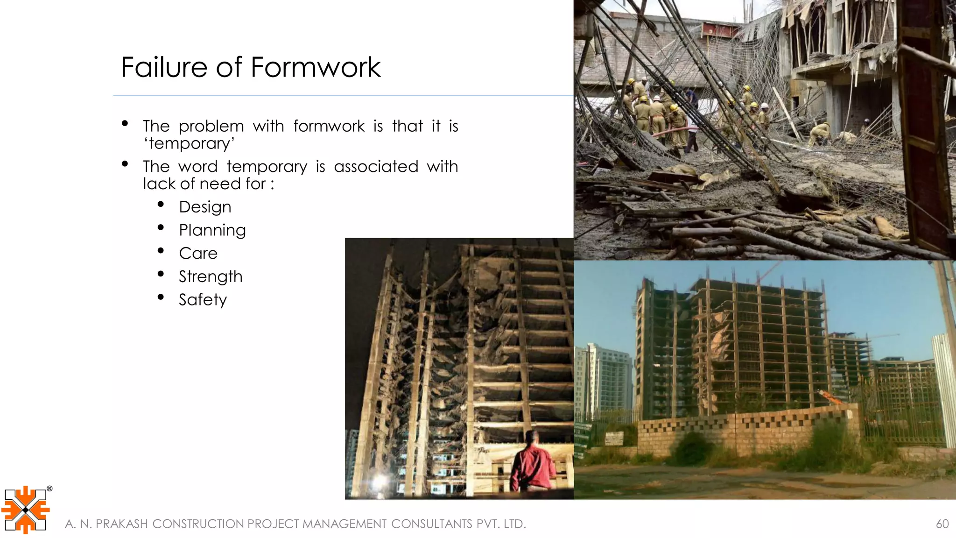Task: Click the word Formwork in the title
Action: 316,67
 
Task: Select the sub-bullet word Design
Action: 205,207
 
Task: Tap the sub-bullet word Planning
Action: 212,230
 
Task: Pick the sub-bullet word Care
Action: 198,253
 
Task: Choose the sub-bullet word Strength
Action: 211,276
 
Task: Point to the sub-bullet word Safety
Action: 203,300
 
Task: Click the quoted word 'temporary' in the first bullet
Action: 189,143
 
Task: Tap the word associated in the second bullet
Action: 376,167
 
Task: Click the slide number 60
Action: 942,524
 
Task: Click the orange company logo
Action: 25,510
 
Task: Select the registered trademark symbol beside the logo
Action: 49,489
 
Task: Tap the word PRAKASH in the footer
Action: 121,524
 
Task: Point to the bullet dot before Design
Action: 161,205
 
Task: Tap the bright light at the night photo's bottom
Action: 379,481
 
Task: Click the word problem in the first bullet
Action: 211,126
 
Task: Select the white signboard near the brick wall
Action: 614,439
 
